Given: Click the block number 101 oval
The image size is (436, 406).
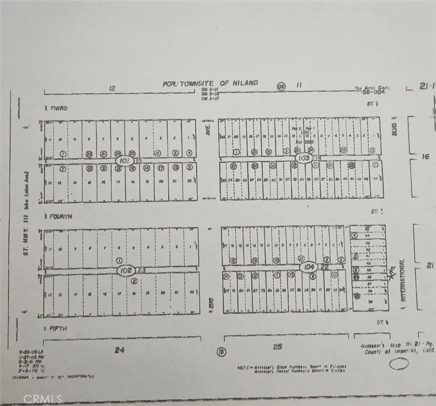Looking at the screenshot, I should tap(125, 161).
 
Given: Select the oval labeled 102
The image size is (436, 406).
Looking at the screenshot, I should tap(126, 270).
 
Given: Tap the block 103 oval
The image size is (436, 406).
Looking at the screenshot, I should tap(303, 157).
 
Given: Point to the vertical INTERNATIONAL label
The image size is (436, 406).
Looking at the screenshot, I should tap(403, 281).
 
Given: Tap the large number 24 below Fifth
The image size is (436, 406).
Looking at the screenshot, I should tap(119, 350).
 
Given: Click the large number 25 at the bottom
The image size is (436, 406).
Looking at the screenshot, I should tap(277, 347).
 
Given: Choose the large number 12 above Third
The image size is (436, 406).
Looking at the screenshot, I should tap(112, 88).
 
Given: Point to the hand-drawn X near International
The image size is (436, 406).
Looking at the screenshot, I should tap(392, 273).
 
